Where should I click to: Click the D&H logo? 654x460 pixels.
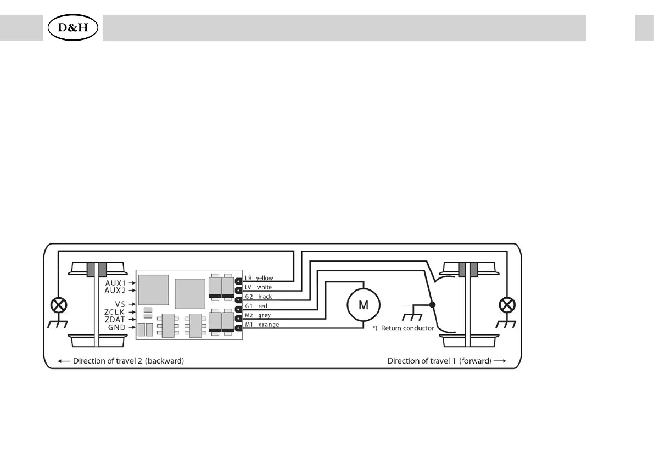click(73, 27)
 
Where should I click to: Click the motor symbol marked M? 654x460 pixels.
click(364, 305)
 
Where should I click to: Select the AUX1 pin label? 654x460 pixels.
click(116, 282)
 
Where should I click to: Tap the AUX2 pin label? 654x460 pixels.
click(116, 290)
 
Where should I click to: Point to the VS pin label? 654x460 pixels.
click(121, 304)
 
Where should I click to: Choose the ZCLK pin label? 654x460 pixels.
click(115, 312)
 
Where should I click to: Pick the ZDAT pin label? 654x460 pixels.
click(115, 319)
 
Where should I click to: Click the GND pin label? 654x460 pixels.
click(117, 327)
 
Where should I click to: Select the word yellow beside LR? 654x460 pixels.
click(264, 278)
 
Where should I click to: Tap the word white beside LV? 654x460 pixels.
click(264, 287)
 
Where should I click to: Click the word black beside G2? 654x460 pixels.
click(265, 297)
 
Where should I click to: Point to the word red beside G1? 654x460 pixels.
click(262, 306)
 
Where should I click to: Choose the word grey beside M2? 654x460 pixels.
click(264, 315)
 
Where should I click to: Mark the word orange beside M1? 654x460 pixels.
click(267, 325)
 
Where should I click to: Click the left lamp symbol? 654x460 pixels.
click(57, 305)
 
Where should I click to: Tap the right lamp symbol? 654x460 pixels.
click(508, 305)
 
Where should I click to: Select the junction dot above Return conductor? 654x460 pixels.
click(433, 305)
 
